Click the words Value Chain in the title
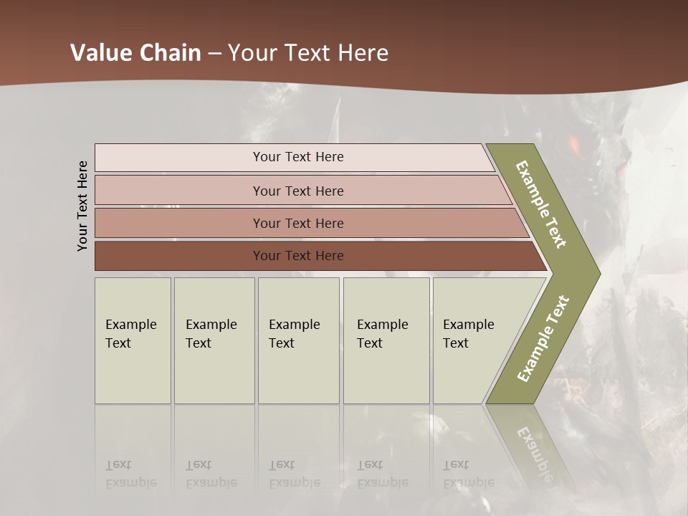click(135, 53)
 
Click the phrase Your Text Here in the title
click(308, 53)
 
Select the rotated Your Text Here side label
click(82, 206)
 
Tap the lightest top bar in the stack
click(179, 158)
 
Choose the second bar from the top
click(179, 191)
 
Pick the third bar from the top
click(179, 223)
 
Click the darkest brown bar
click(179, 256)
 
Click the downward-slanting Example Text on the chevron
click(541, 204)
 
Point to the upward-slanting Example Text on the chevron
click(543, 339)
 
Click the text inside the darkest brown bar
click(298, 256)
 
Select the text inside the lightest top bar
click(298, 157)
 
